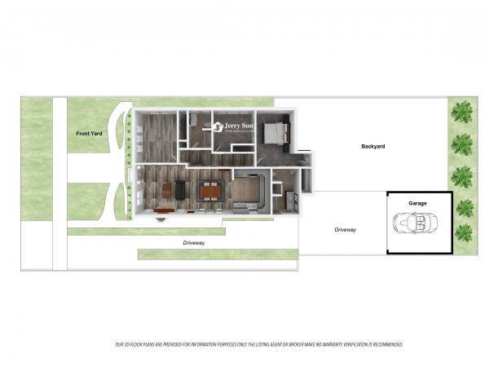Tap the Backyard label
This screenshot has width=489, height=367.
(x=372, y=147)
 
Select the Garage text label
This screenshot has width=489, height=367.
(x=417, y=203)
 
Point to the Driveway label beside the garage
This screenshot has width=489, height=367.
(x=345, y=230)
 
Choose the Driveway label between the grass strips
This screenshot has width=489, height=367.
(x=194, y=243)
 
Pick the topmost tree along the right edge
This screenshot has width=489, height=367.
(x=463, y=111)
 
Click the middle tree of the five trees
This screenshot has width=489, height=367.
(x=463, y=174)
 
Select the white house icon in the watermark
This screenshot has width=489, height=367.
(x=218, y=126)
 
